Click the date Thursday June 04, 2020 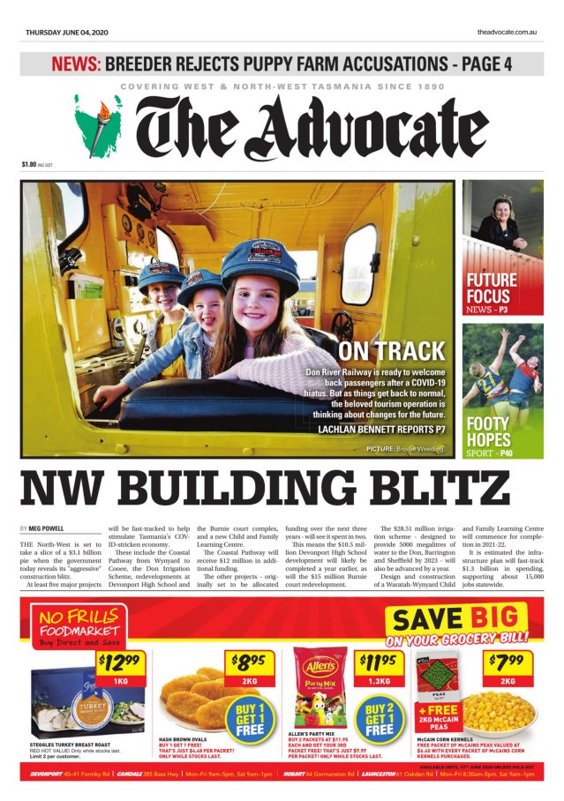point(66,33)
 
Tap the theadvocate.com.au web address point(508,33)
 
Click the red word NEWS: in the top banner point(76,64)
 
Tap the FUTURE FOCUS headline point(492,288)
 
